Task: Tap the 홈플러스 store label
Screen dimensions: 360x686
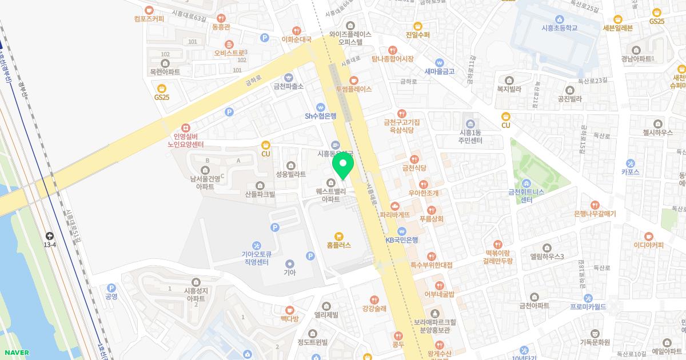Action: pyautogui.click(x=340, y=245)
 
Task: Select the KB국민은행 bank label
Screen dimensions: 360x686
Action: pyautogui.click(x=402, y=239)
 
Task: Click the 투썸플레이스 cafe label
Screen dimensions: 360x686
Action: pyautogui.click(x=353, y=89)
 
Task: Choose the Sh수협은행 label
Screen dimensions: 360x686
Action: pyautogui.click(x=320, y=115)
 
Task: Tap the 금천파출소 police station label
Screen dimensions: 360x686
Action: pyautogui.click(x=289, y=86)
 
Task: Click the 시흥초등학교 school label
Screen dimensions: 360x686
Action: pyautogui.click(x=560, y=27)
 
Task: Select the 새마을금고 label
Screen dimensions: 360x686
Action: pyautogui.click(x=439, y=71)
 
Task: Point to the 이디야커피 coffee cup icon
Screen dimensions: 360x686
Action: pyautogui.click(x=648, y=235)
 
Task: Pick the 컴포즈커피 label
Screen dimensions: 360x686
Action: pyautogui.click(x=149, y=18)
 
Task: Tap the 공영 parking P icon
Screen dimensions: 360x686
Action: pyautogui.click(x=111, y=288)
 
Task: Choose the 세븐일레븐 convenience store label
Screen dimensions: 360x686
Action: pyautogui.click(x=617, y=27)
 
